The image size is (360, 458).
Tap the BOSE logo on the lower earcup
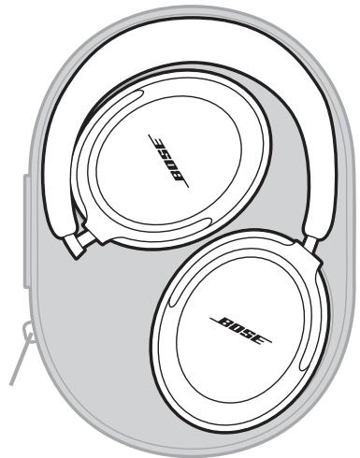coord(240,322)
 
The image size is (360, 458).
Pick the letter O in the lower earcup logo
coord(234,322)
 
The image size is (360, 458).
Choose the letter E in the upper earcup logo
coord(167,140)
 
